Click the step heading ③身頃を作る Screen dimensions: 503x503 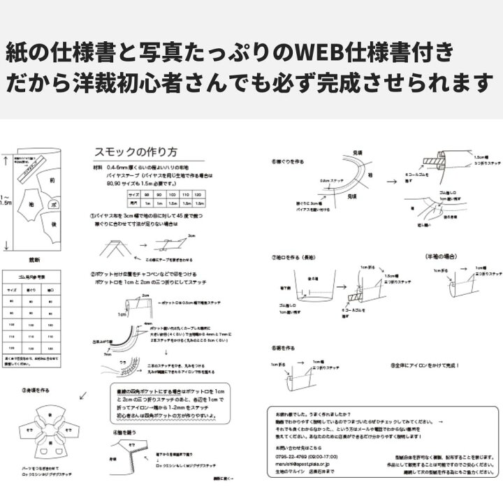coord(37,390)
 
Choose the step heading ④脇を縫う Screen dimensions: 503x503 coord(126,432)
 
